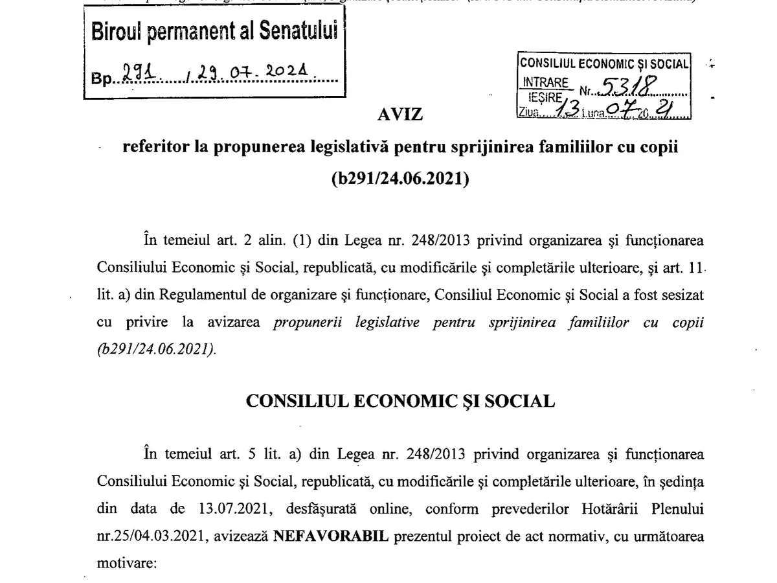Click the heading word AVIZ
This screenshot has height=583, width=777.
[x=401, y=115]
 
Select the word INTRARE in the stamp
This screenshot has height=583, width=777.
[x=545, y=83]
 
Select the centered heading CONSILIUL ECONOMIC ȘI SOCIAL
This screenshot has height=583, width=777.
[x=400, y=402]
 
